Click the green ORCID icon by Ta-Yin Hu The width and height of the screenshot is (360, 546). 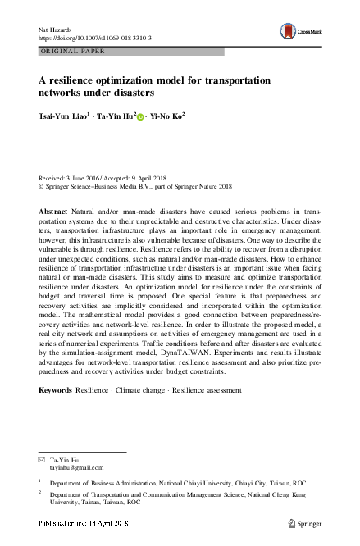pyautogui.click(x=140, y=117)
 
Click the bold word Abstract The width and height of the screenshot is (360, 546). pyautogui.click(x=52, y=212)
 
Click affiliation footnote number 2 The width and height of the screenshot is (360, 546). pyautogui.click(x=40, y=494)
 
